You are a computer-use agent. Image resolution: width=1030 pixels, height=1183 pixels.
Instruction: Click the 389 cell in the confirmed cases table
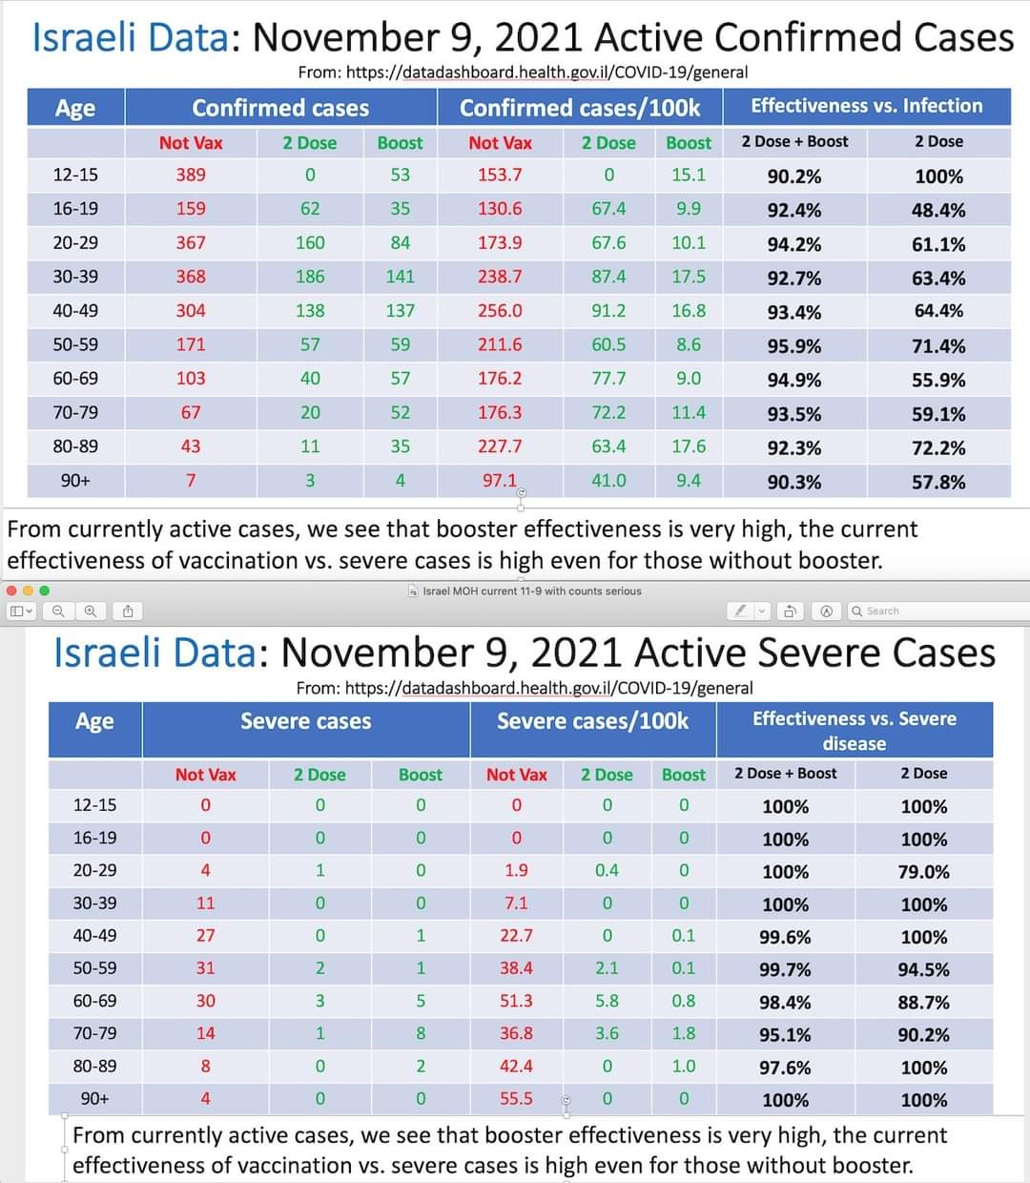(191, 175)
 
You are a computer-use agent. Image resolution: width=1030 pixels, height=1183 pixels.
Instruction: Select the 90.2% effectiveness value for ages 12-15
(793, 176)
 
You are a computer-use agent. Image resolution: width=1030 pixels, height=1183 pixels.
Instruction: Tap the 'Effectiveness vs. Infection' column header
(866, 106)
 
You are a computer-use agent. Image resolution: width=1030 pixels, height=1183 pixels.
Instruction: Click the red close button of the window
(12, 591)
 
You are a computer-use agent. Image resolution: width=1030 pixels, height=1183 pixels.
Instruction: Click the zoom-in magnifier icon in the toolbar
(91, 611)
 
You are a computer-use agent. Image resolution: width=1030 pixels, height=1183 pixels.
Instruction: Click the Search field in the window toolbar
(935, 611)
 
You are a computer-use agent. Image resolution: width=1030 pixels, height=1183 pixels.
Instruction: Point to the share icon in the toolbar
(128, 611)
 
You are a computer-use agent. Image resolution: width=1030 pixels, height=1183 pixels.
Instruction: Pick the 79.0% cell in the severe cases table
(923, 872)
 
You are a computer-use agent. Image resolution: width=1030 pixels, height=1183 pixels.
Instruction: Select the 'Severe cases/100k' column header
(592, 721)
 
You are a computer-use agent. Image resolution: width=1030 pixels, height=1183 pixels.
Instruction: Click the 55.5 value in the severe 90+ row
(516, 1098)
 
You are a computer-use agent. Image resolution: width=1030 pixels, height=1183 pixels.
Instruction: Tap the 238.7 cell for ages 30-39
(500, 277)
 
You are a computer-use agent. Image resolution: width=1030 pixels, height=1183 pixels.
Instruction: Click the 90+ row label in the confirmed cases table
(75, 481)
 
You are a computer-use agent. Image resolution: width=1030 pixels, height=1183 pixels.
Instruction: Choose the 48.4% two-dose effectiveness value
(937, 210)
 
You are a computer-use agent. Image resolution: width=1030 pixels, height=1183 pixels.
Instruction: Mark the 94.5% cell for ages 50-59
(923, 969)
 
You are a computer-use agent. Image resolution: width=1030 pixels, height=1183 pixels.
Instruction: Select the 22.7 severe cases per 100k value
(516, 936)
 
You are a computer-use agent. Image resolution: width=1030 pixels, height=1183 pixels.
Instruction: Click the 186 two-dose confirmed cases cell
(310, 277)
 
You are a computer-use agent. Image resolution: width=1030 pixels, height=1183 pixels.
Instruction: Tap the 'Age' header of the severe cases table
(94, 722)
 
